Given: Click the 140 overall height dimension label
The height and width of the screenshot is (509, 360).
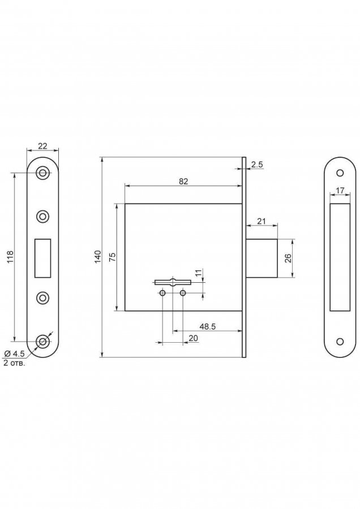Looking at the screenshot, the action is [x=98, y=257].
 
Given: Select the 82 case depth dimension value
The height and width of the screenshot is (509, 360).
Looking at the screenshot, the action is [x=183, y=181].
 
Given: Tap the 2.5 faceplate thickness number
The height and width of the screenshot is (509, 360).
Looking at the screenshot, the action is [x=256, y=165].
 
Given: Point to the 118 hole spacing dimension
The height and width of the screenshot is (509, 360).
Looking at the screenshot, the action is [x=10, y=257].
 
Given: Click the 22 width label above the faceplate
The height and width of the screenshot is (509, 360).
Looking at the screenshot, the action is [x=42, y=146].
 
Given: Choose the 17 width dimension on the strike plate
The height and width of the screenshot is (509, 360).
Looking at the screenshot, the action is [x=340, y=191].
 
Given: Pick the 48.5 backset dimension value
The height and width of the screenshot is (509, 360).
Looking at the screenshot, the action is [x=208, y=326].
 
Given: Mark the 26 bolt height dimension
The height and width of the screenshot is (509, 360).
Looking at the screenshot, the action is [x=288, y=258].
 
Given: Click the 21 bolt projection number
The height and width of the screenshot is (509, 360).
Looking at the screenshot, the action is [x=262, y=221].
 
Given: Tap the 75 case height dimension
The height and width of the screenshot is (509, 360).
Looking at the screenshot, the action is [x=112, y=257].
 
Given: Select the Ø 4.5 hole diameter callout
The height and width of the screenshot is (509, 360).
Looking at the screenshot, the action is [x=15, y=353].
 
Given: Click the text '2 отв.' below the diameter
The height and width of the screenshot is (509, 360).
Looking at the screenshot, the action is [x=14, y=363].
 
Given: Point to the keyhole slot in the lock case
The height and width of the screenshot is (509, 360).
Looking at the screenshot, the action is [x=173, y=282].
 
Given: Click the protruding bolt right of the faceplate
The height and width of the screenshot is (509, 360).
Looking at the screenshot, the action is [x=262, y=258].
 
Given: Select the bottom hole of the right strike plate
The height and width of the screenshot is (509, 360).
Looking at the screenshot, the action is [x=340, y=342].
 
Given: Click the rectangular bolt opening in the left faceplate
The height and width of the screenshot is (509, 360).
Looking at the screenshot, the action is [x=42, y=258].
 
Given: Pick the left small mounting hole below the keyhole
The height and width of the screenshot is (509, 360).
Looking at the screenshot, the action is [x=163, y=293].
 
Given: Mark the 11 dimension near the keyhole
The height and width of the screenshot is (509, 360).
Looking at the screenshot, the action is [x=199, y=273].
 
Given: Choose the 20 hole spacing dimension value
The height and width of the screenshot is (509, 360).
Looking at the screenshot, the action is [x=193, y=338].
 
